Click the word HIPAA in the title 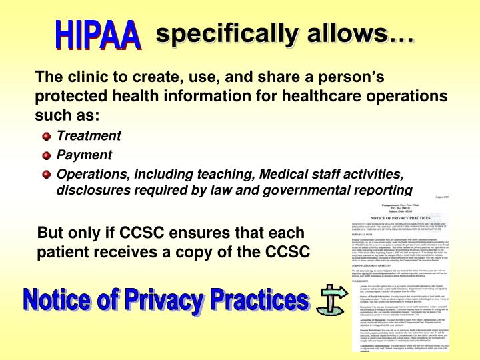point(98,34)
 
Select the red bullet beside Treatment point(46,137)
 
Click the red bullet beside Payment point(46,155)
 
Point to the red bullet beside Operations point(46,175)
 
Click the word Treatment point(89,136)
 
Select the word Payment point(84,155)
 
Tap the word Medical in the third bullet point(287,174)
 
